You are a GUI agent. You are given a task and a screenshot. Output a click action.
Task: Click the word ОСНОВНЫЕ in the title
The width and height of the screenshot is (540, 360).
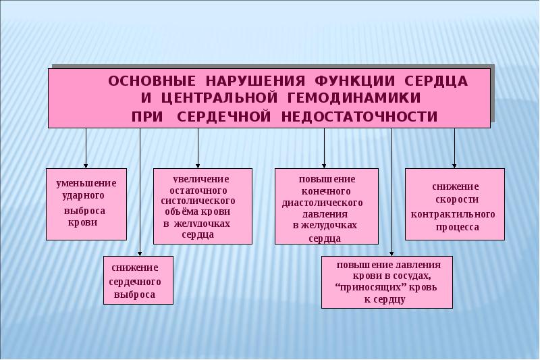[x=152, y=81]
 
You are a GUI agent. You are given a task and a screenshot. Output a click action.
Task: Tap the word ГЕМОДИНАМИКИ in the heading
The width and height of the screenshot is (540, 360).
[x=353, y=98]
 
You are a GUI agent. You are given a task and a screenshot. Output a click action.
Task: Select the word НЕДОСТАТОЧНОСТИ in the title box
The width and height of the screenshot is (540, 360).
[x=360, y=117]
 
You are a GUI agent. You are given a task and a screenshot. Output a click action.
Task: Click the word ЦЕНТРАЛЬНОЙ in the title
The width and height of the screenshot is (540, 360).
[x=219, y=98]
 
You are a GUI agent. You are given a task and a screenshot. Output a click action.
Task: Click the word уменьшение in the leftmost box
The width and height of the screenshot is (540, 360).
[x=86, y=183]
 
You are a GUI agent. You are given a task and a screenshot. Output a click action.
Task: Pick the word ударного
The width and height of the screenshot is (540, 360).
[x=83, y=196]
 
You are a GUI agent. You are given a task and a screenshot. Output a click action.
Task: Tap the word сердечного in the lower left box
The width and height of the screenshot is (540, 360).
[x=135, y=282]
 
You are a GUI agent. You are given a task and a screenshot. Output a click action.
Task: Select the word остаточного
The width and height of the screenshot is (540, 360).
[x=198, y=190]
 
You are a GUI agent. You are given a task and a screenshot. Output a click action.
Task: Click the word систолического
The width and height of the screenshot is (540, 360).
[x=198, y=201]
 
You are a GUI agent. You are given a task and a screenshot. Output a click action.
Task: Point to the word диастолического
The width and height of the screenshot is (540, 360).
[x=323, y=203]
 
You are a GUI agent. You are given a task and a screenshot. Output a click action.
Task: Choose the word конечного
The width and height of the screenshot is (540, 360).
[x=326, y=191]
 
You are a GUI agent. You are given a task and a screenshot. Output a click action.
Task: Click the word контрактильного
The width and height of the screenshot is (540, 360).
[x=453, y=214]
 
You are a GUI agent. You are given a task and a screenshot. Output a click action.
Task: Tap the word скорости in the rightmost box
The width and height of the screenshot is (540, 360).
[x=457, y=200]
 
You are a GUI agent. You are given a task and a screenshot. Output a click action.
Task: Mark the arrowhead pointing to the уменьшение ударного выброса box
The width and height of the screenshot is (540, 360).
[x=86, y=165]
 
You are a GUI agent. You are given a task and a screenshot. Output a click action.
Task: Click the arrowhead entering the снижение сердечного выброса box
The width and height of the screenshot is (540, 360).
[x=140, y=253]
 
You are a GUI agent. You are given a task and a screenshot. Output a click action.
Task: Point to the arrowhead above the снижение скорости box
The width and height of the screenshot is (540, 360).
[x=454, y=165]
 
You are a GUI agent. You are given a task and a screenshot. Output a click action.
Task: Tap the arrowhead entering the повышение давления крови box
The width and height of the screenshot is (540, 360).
[x=391, y=253]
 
